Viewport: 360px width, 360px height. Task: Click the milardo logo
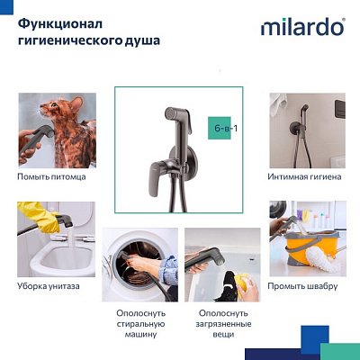[x=302, y=28]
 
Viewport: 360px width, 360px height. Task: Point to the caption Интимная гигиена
[x=305, y=176]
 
